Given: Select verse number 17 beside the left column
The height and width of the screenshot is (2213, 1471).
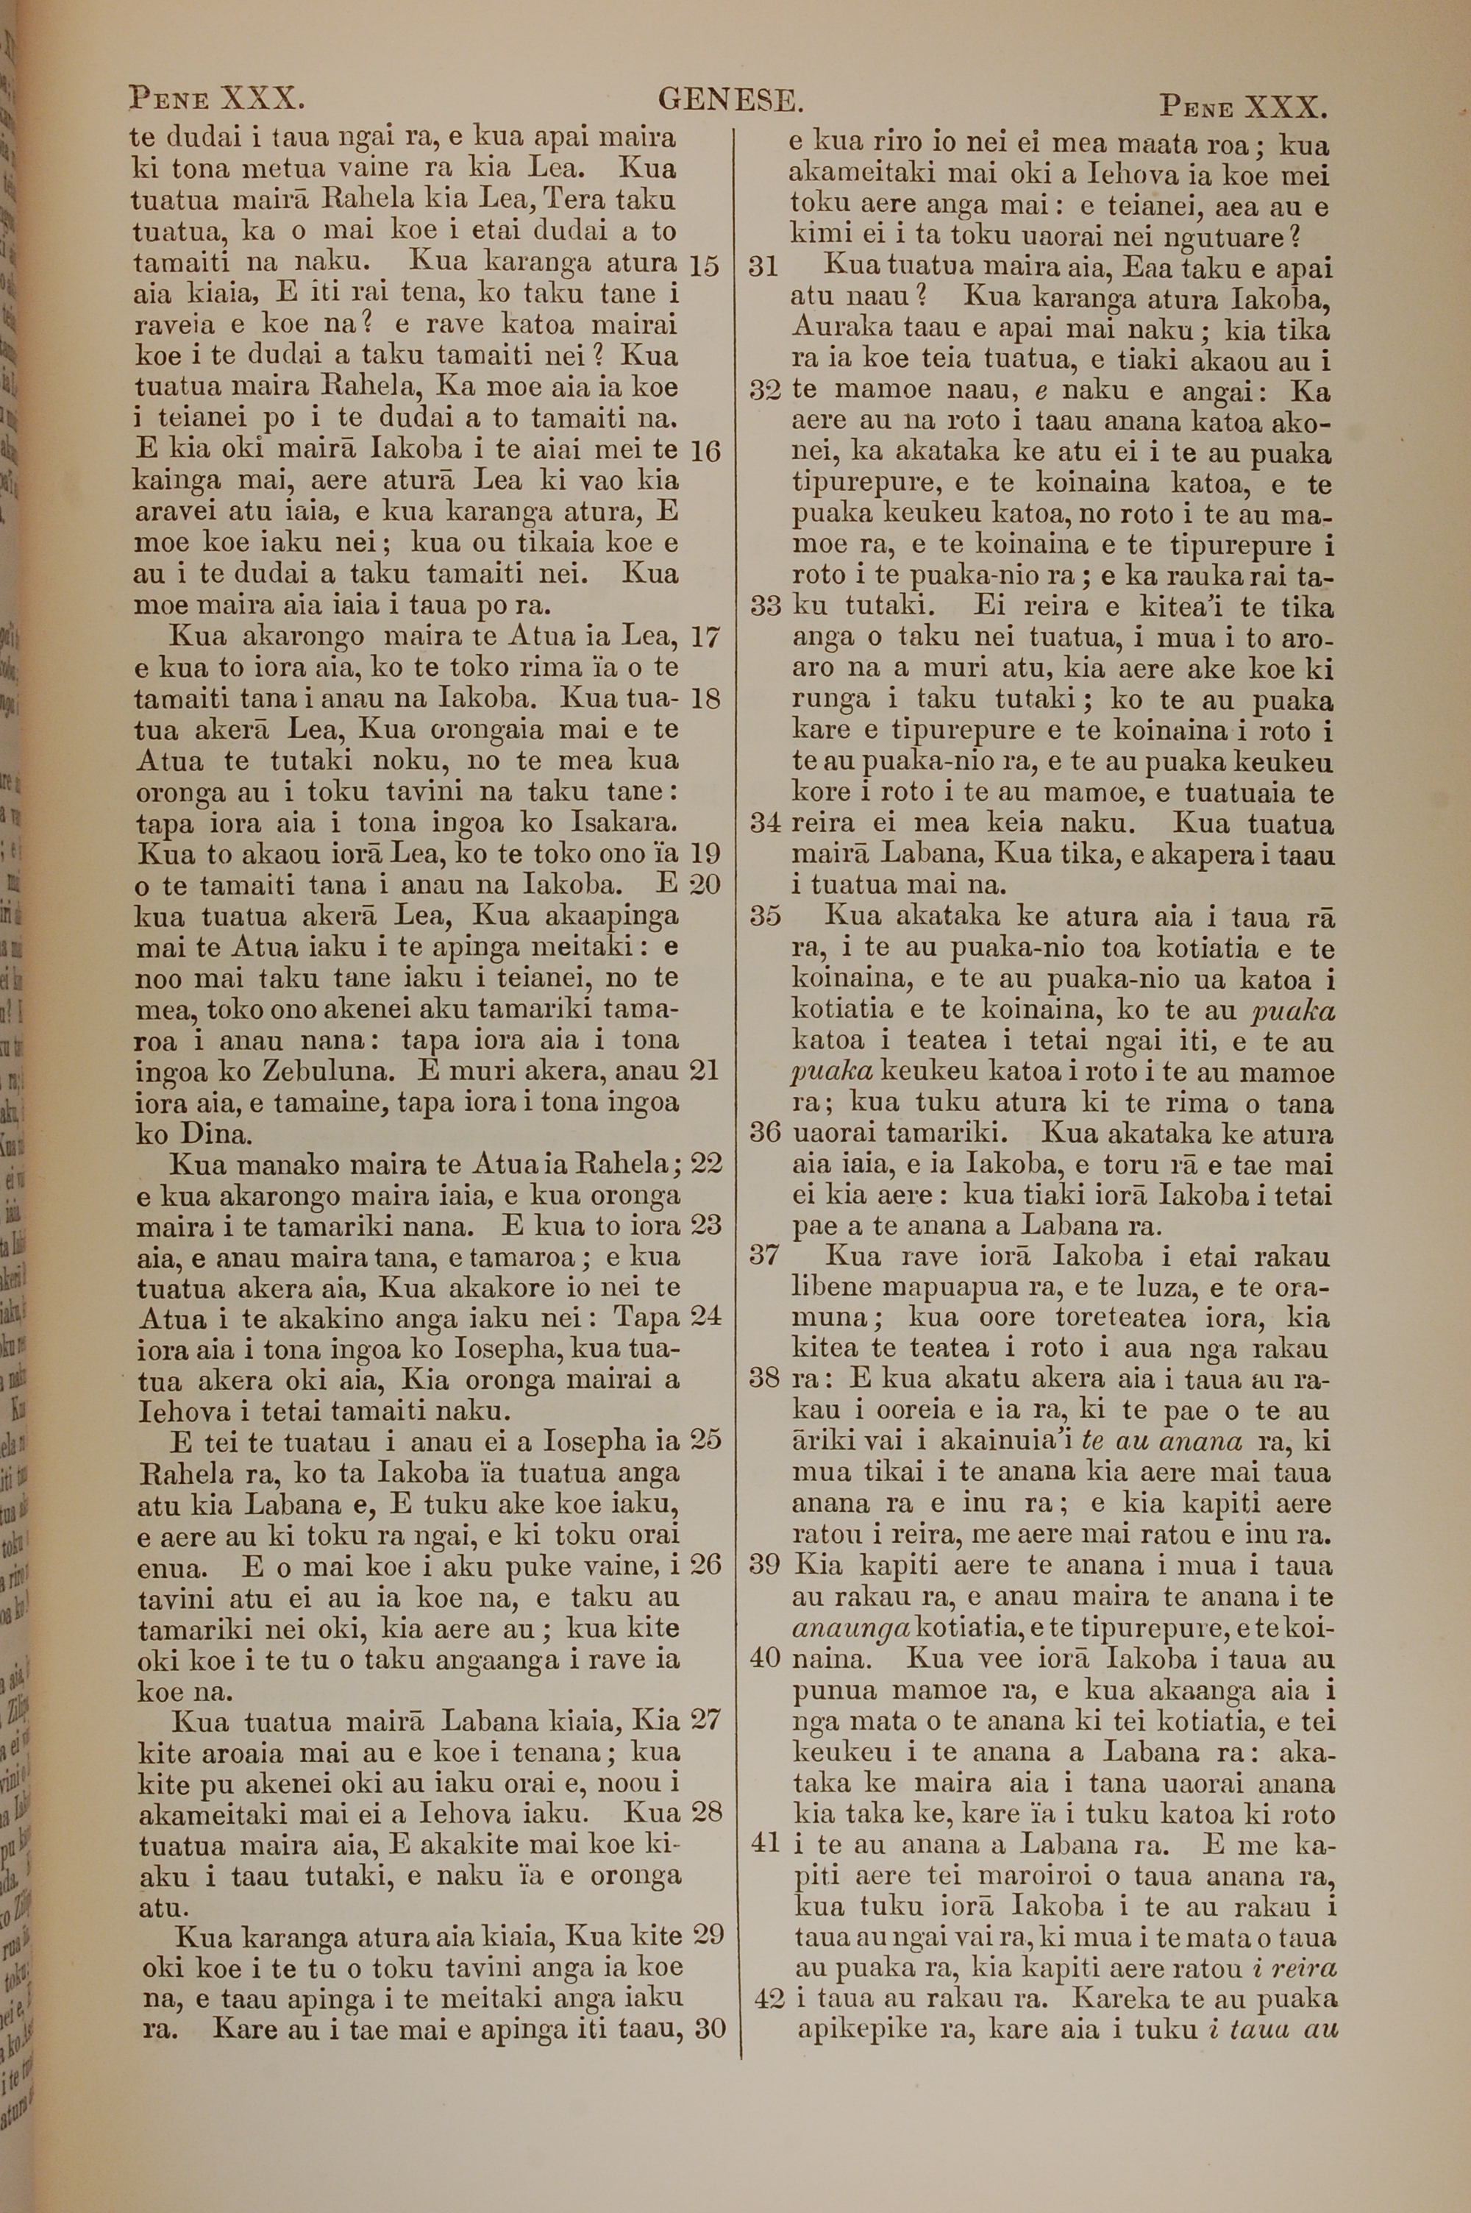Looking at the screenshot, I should coord(704,638).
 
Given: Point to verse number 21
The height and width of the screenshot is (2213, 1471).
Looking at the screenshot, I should coord(704,1070).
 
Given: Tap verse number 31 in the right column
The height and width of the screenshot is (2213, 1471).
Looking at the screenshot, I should coord(765,267).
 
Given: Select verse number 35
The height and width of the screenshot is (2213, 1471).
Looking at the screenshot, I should coord(766,917).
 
